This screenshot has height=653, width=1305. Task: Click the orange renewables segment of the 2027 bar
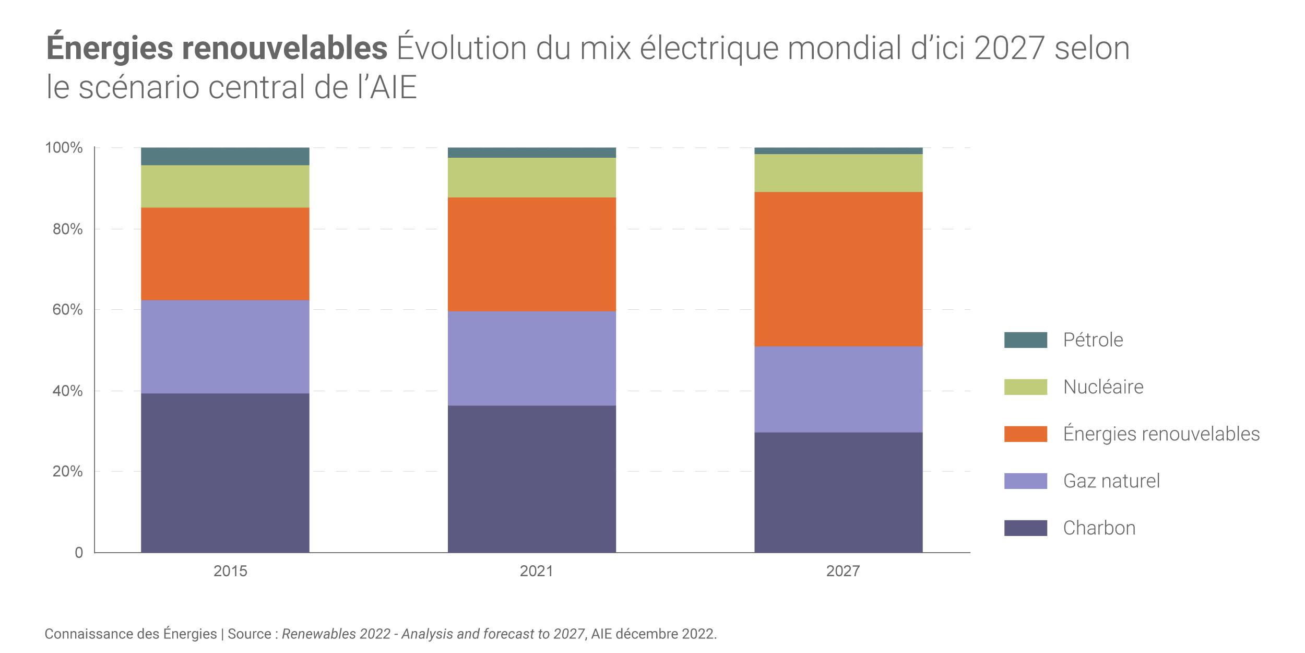pos(838,269)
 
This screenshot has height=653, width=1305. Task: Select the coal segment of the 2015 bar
pos(225,473)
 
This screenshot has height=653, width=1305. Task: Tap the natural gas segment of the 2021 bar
pos(532,358)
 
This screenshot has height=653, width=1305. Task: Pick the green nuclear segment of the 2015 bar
pos(225,186)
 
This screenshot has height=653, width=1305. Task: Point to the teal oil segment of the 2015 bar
pos(225,156)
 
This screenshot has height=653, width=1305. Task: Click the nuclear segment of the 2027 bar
pos(838,173)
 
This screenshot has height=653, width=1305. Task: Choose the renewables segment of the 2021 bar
pos(532,254)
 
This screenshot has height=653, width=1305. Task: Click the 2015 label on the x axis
pos(230,571)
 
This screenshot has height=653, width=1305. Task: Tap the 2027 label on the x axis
pos(843,571)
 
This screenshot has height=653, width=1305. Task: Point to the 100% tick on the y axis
pos(64,148)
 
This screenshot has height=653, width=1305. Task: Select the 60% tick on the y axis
pos(67,310)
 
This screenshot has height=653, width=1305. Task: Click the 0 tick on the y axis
pos(79,553)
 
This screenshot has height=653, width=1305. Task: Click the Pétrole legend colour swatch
pos(1025,340)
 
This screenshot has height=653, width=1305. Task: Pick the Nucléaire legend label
pos(1103,387)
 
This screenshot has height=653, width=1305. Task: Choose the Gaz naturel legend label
pos(1111,481)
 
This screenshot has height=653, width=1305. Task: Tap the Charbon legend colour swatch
pos(1025,528)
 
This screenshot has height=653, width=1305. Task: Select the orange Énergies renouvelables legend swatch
pos(1025,434)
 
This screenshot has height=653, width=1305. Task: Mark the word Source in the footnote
pos(249,634)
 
